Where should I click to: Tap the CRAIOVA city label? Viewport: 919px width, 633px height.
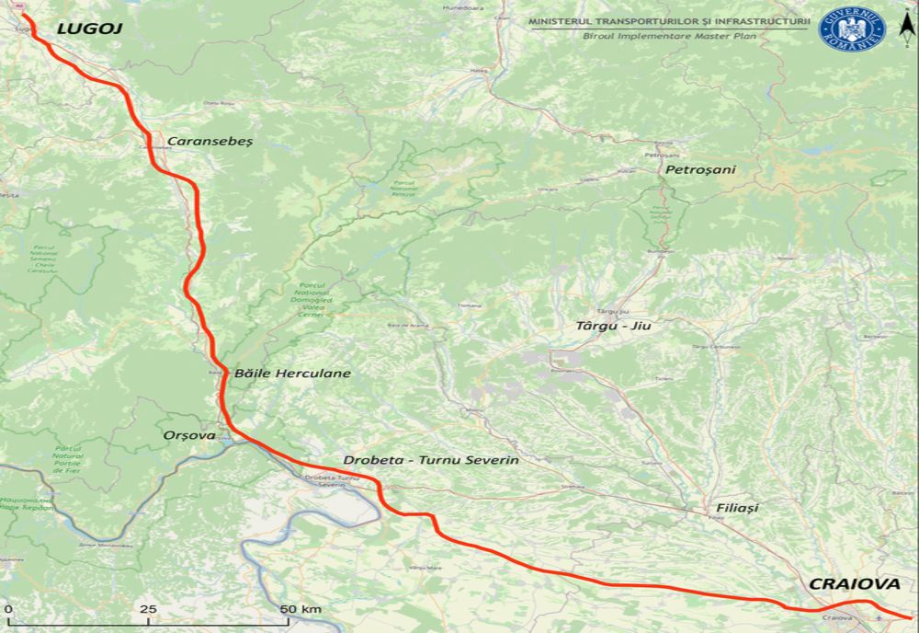pyautogui.click(x=854, y=584)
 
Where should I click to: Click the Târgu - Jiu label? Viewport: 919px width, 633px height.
pyautogui.click(x=618, y=326)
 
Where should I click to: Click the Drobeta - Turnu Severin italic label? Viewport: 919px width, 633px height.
pyautogui.click(x=431, y=459)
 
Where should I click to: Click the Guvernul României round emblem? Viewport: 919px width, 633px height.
pyautogui.click(x=851, y=29)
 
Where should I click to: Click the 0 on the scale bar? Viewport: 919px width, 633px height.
pyautogui.click(x=7, y=610)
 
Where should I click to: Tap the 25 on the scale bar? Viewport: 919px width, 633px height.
pyautogui.click(x=147, y=610)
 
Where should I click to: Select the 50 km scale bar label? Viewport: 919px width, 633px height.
pyautogui.click(x=301, y=610)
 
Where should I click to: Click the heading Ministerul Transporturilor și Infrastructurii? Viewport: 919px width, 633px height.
pyautogui.click(x=669, y=20)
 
